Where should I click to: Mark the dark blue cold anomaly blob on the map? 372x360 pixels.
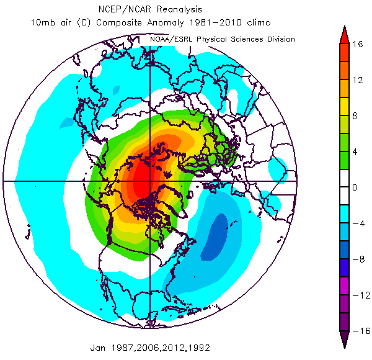coord(214,236)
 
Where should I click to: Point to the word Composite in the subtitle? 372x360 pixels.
coord(120,23)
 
